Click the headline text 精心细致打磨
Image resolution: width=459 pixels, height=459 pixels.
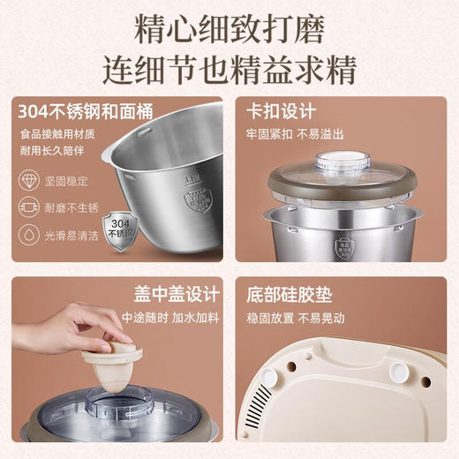tap(229, 29)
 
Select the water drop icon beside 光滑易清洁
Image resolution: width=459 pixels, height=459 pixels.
tap(28, 236)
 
